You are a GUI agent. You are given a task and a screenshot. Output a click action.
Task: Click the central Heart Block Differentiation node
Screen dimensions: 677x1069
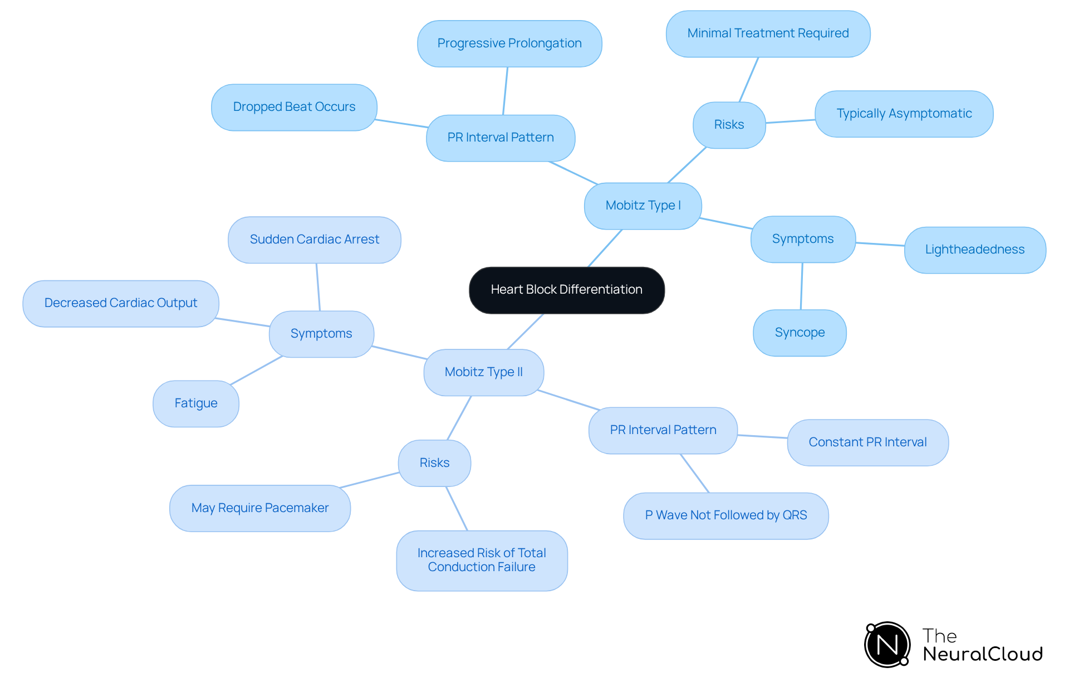point(566,290)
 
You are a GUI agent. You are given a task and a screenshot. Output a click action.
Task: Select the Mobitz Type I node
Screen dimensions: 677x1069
point(643,206)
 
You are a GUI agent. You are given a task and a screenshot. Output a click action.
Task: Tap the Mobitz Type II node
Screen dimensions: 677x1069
point(483,372)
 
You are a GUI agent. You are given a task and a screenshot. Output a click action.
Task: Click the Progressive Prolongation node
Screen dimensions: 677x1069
point(509,43)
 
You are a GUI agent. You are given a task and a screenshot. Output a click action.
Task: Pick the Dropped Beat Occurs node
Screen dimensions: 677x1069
point(294,107)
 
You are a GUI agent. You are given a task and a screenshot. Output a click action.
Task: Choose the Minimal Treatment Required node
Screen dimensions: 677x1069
point(768,33)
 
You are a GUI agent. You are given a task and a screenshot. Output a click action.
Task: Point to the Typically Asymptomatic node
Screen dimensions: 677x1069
point(904,114)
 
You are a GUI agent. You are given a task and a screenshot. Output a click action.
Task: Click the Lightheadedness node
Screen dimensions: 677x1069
point(974,250)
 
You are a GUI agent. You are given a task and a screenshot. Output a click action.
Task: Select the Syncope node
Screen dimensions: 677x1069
point(800,333)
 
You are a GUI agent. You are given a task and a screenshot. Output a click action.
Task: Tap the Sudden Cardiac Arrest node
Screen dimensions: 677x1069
point(314,240)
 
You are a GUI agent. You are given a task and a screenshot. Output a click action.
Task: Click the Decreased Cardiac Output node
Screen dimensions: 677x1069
point(120,303)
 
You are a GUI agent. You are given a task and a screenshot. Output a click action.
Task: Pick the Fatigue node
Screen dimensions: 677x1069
point(195,403)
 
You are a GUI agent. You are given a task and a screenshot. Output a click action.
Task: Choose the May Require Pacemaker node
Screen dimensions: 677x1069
point(259,508)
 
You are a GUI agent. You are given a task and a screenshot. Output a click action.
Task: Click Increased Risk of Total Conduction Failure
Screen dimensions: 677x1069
point(482,560)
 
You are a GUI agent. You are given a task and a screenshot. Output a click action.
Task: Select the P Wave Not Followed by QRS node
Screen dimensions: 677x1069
point(725,515)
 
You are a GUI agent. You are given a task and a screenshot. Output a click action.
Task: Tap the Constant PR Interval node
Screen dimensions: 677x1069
point(867,442)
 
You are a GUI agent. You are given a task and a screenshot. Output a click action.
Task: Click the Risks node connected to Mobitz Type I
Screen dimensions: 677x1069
point(729,125)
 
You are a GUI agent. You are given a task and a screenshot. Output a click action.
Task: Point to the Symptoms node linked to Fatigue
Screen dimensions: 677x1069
point(321,334)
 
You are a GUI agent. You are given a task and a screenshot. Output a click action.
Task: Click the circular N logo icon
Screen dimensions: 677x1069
point(887,645)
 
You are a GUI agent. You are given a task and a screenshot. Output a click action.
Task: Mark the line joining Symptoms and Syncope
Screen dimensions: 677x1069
point(802,286)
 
